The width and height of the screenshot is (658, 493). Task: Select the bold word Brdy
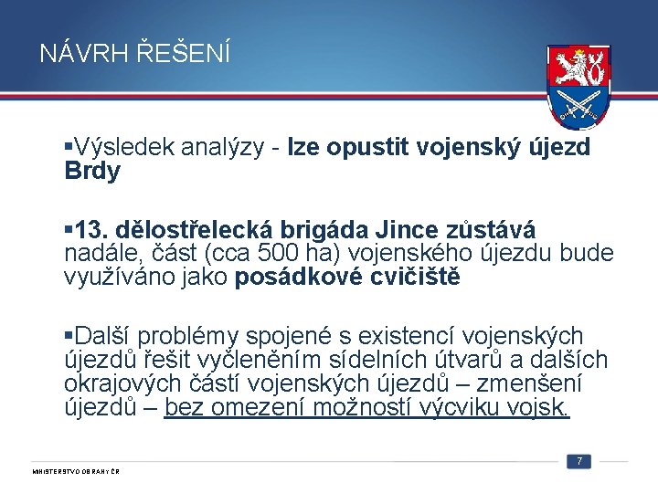coord(91,171)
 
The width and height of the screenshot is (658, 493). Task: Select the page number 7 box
coord(578,461)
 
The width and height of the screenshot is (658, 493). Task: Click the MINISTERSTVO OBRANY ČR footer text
coord(77,471)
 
